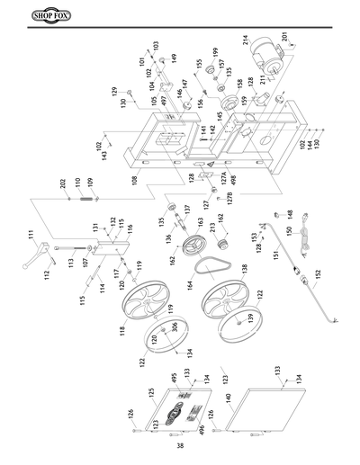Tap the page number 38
pos(180,445)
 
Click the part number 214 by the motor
pos(245,39)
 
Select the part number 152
pos(317,272)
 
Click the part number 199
pos(214,51)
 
